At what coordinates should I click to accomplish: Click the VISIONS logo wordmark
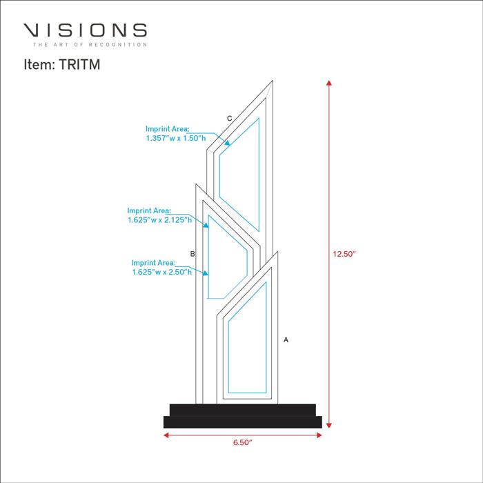(x=85, y=30)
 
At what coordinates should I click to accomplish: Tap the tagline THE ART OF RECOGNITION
(x=90, y=45)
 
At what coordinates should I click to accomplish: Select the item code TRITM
(x=79, y=64)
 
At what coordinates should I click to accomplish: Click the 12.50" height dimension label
(x=344, y=254)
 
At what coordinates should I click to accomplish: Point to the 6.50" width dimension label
(x=242, y=442)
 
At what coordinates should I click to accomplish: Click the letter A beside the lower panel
(x=286, y=339)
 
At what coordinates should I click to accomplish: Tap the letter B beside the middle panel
(x=193, y=254)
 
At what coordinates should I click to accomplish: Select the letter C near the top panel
(x=230, y=118)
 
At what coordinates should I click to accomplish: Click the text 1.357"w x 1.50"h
(x=176, y=138)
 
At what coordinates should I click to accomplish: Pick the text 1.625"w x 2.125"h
(x=160, y=220)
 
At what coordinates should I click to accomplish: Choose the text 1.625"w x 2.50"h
(x=161, y=272)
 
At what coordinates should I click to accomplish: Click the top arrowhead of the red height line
(x=329, y=83)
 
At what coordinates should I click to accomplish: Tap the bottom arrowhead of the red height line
(x=329, y=426)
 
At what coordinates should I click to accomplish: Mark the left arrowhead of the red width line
(x=166, y=435)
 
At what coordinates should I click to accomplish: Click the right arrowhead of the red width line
(x=319, y=435)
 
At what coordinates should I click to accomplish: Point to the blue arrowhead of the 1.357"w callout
(x=227, y=143)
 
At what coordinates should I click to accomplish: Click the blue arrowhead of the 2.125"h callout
(x=206, y=225)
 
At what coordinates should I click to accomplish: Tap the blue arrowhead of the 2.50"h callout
(x=205, y=273)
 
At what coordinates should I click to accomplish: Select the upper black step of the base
(x=243, y=410)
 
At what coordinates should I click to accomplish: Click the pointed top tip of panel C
(x=273, y=81)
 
